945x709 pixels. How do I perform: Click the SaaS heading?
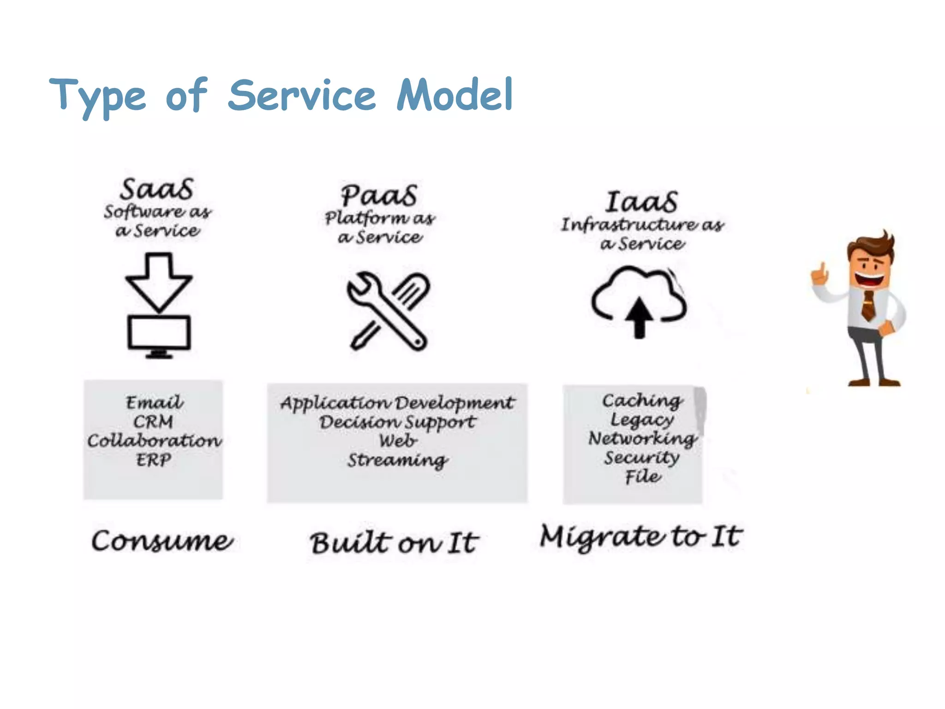click(156, 189)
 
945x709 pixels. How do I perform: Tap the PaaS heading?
click(379, 196)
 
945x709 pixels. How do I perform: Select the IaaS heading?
click(641, 202)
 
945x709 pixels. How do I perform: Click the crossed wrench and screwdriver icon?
click(388, 311)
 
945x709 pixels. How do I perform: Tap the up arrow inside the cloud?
click(639, 317)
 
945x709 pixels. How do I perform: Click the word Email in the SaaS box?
click(154, 403)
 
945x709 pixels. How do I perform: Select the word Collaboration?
click(154, 441)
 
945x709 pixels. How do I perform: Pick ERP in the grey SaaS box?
click(153, 460)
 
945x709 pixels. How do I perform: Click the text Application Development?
click(397, 403)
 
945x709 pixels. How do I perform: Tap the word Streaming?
click(397, 460)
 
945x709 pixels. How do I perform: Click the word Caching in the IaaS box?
click(642, 401)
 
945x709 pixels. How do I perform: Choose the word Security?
click(641, 457)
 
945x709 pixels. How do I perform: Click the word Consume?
click(162, 541)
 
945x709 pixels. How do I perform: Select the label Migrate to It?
click(641, 537)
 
